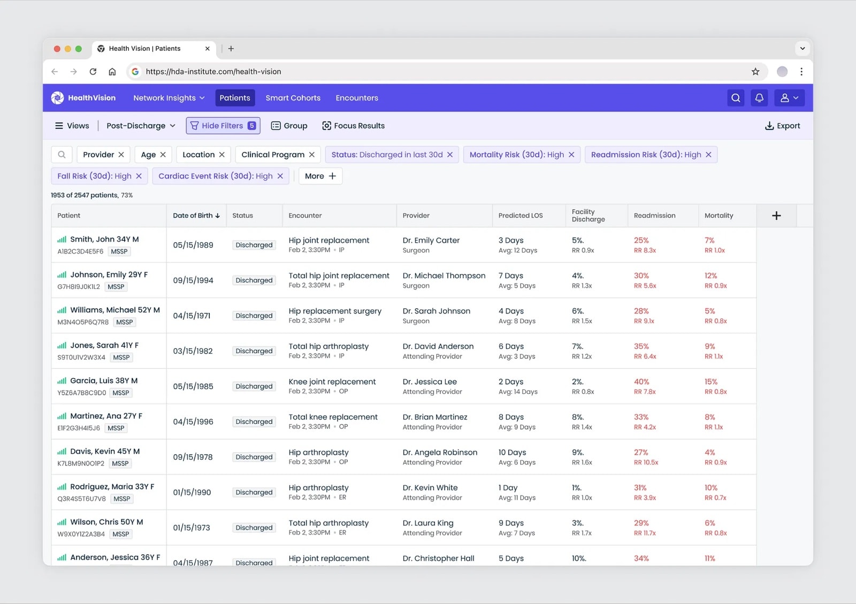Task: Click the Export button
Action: tap(782, 126)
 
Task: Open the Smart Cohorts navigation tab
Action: tap(293, 98)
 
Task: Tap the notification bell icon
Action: tap(759, 98)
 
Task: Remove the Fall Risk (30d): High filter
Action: tap(139, 175)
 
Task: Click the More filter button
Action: tap(320, 175)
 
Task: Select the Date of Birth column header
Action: tap(196, 216)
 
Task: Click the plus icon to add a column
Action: tap(776, 216)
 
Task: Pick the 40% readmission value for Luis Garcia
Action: tap(641, 381)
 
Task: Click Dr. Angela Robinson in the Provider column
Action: tap(440, 452)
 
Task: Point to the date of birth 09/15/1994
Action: tap(193, 280)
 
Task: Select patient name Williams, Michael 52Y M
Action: tap(115, 310)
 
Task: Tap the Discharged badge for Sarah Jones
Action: tap(254, 351)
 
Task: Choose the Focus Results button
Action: tap(354, 126)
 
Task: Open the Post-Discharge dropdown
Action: tap(141, 126)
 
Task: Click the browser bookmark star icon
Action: tap(755, 72)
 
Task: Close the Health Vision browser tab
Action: tap(207, 49)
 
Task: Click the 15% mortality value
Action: tap(711, 381)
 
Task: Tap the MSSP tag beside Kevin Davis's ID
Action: tap(120, 463)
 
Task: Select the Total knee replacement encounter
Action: tap(333, 417)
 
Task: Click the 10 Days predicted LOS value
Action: tap(512, 452)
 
